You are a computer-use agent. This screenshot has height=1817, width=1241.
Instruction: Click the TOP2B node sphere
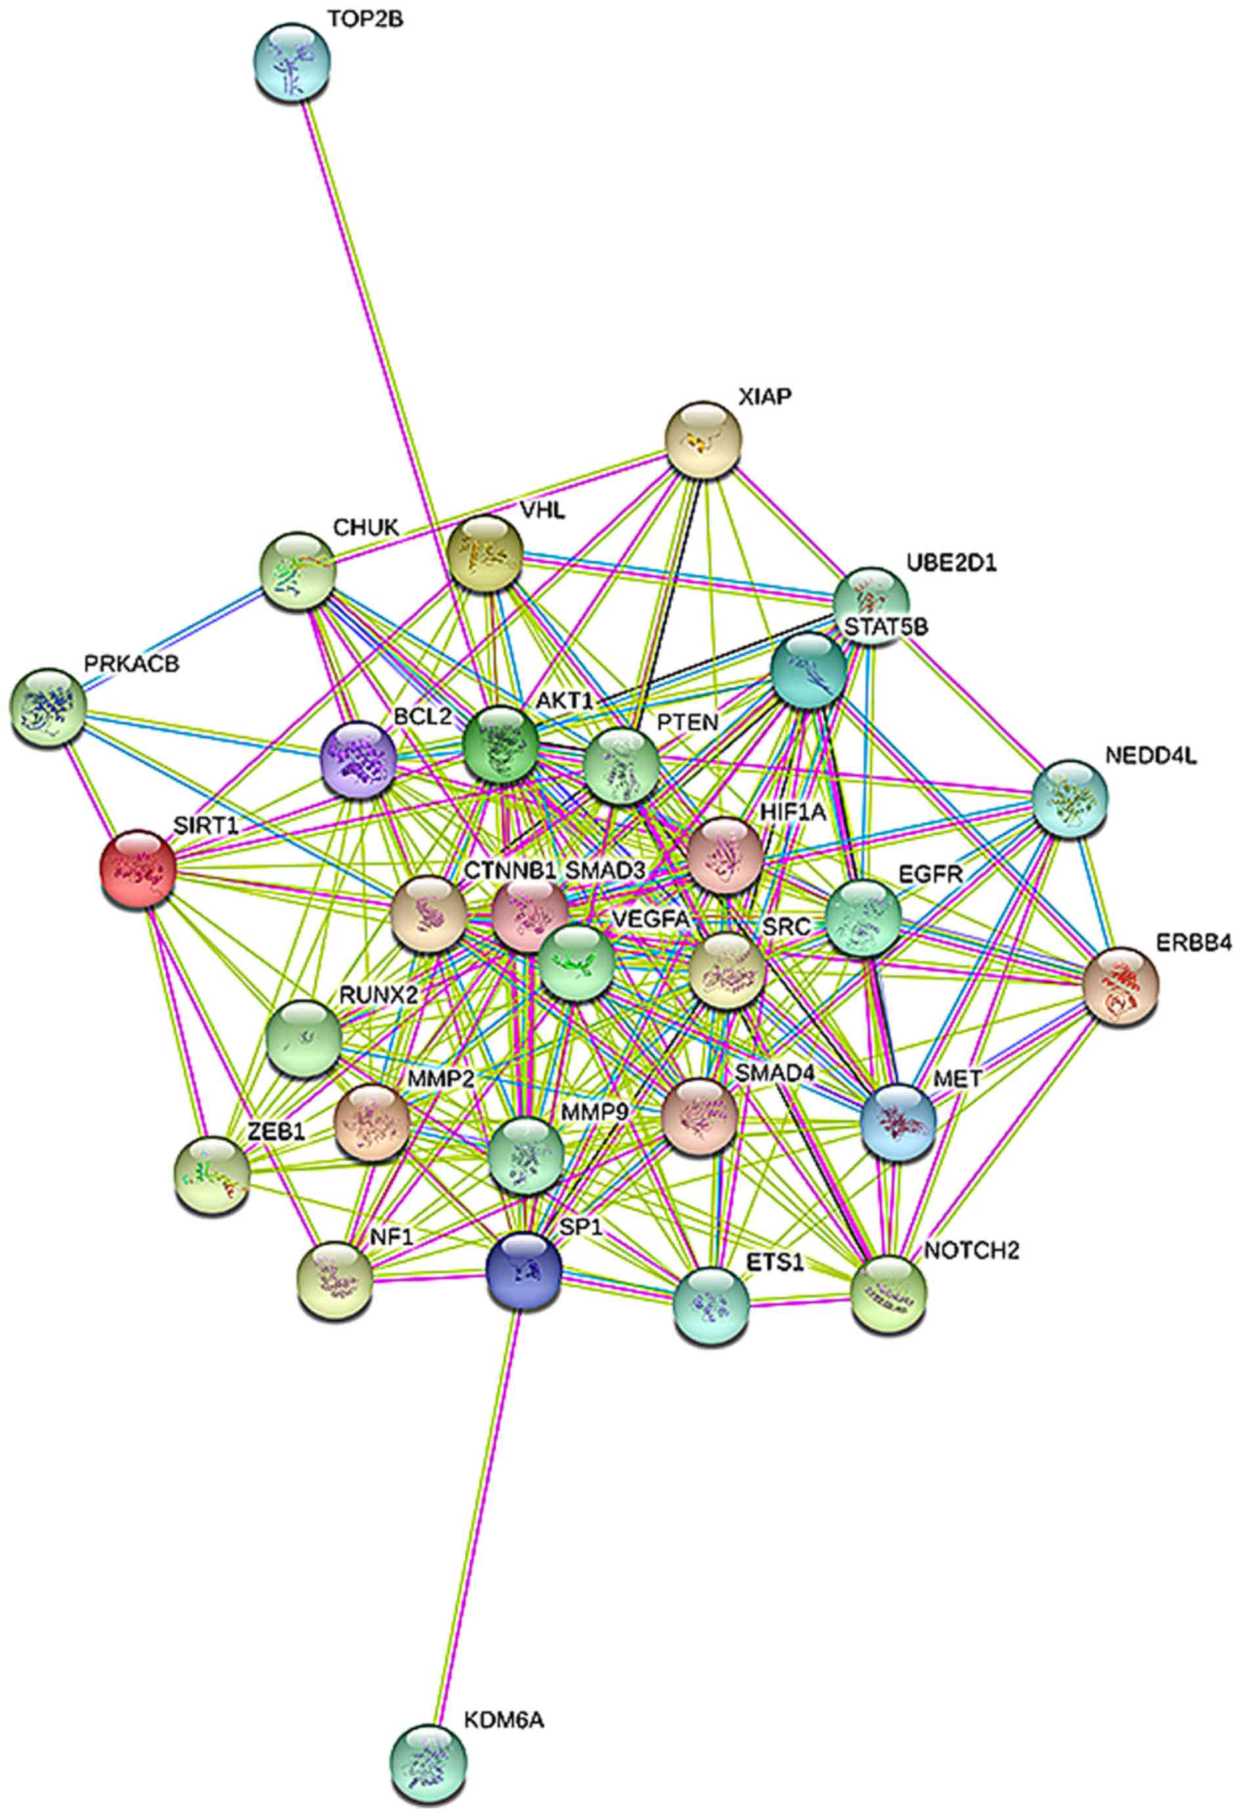click(x=292, y=62)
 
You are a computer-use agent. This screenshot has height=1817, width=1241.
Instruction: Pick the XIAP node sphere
click(x=703, y=439)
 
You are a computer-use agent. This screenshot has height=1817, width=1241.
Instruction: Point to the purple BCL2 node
click(x=359, y=759)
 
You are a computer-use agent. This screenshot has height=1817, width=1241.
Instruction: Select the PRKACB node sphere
click(x=49, y=706)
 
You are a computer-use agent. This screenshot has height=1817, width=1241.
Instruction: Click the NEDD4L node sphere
click(x=1070, y=797)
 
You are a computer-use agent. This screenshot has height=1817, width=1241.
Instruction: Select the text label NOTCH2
click(x=971, y=1250)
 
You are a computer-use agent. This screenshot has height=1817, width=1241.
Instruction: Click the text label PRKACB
click(x=131, y=664)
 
